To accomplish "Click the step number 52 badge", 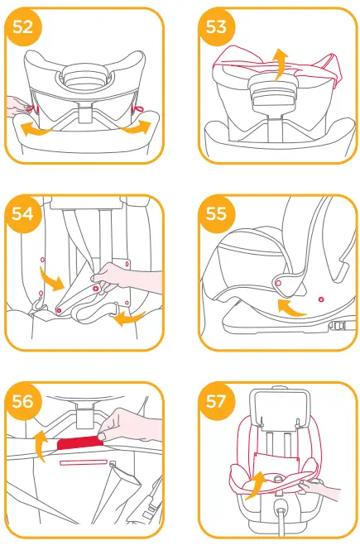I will (x=24, y=27).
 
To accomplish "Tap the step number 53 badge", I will (x=216, y=27).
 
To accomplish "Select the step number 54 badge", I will (x=24, y=214).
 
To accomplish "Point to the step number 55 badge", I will (x=216, y=214).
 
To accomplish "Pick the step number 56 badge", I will (x=24, y=401).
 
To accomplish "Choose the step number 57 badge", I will (x=216, y=401).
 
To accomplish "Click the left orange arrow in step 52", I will (x=36, y=128).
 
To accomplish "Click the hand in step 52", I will (x=14, y=105).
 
